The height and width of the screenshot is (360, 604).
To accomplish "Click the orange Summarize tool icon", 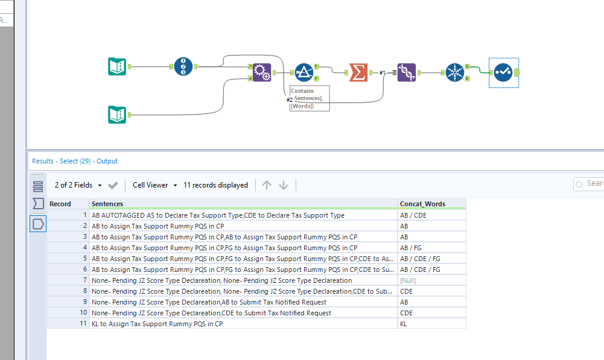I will pos(358,72).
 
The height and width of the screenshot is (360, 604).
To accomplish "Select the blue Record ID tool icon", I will pos(183,66).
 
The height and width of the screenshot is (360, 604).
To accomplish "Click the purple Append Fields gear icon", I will pos(261,72).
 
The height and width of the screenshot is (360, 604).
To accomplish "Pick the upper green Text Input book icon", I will pos(116,66).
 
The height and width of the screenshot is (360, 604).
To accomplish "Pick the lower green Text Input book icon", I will pos(116,115).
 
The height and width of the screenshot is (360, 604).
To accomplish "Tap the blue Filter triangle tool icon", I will pos(304,72).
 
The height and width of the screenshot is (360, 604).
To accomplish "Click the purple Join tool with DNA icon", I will pos(406,72).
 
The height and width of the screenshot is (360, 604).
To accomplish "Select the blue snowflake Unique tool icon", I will pos(454,72).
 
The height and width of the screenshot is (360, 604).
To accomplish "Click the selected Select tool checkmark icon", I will pos(504,72).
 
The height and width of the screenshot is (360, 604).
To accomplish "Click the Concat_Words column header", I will pos(422,204).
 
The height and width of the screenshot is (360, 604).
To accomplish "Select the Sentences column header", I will pos(107,204).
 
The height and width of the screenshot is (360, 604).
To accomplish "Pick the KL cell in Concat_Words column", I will pos(404,324).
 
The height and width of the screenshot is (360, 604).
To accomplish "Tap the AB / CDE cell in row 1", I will pos(413,215).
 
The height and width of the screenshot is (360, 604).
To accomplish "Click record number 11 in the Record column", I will pos(84,324).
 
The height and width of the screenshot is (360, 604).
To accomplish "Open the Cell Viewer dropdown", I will pos(155,185).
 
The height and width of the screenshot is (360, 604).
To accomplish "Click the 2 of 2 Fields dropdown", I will pos(77,185).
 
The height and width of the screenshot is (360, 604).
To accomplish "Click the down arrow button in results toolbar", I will pos(284,185).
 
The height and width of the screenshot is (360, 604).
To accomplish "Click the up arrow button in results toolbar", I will pos(267,185).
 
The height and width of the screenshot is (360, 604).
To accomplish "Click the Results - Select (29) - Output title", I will pos(75,161).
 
